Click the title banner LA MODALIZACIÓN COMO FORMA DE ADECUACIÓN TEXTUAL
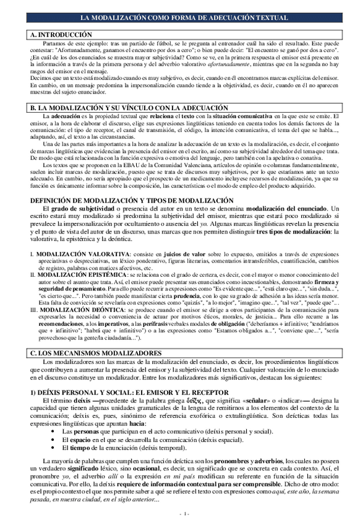[x=179, y=19]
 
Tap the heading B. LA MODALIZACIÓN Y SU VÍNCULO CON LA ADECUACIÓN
[x=123, y=108]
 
